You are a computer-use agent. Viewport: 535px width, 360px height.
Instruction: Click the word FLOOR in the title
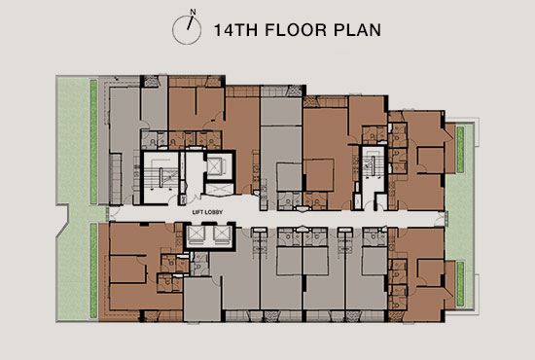point(296,30)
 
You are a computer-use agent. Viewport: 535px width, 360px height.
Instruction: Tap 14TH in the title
point(235,30)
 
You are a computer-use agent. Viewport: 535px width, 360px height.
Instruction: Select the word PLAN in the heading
point(357,30)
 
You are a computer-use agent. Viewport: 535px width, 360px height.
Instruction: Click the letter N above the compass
point(194,12)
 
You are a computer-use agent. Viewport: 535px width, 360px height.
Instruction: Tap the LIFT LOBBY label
point(207,212)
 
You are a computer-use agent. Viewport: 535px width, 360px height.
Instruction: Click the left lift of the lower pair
point(196,234)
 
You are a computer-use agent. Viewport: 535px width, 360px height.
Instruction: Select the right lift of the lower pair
point(221,234)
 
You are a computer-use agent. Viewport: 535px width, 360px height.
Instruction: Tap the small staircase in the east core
point(373,166)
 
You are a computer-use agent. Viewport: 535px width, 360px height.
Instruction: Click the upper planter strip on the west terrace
point(93,142)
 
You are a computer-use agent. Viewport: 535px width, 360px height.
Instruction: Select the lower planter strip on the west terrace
point(93,270)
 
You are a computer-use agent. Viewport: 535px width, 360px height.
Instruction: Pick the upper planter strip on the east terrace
point(460,150)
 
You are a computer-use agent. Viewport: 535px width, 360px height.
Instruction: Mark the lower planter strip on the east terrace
point(460,284)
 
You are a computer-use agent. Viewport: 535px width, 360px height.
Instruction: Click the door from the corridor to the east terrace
point(446,218)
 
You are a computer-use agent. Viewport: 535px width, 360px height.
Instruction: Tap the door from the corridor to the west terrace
point(108,214)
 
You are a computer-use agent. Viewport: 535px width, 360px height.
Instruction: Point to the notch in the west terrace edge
point(63,220)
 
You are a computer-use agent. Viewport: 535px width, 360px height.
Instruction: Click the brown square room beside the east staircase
point(319,175)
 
